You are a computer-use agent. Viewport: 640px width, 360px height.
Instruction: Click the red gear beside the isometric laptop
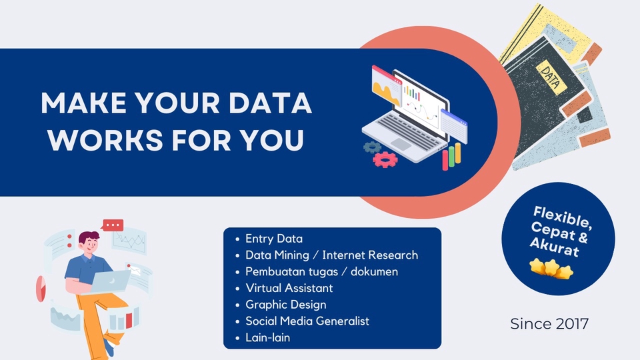point(385,158)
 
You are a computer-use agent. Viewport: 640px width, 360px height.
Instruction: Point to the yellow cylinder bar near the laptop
point(451,157)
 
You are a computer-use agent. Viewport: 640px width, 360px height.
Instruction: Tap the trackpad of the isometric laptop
point(401,143)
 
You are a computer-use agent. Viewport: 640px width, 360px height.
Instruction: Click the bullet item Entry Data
point(273,239)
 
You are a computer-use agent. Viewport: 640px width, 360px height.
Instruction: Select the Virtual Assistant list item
point(289,288)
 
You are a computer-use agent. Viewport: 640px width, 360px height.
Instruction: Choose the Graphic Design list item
point(285,305)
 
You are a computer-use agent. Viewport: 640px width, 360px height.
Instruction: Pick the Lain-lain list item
point(267,338)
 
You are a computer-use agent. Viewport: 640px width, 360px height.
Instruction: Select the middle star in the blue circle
point(551,269)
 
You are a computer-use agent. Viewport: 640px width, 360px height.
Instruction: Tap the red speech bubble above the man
point(113,225)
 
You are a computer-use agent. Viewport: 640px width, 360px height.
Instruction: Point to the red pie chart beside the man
point(39,286)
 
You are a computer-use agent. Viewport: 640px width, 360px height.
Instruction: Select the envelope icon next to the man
point(136,270)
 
